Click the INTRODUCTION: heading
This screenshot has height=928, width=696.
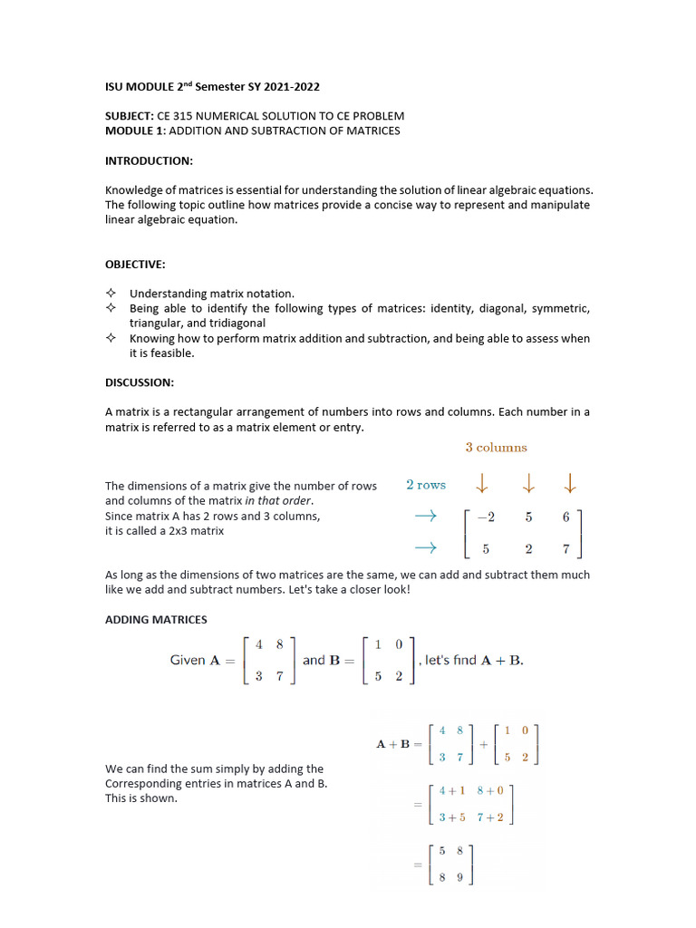pyautogui.click(x=149, y=160)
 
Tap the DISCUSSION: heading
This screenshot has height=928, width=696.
pyautogui.click(x=140, y=382)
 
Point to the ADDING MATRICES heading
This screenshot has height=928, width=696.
pyautogui.click(x=156, y=620)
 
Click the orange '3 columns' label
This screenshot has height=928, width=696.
pyautogui.click(x=496, y=447)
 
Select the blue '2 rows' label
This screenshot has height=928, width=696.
pyautogui.click(x=426, y=485)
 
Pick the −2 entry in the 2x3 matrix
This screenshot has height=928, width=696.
pyautogui.click(x=486, y=517)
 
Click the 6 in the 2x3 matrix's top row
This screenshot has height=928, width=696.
pyautogui.click(x=566, y=517)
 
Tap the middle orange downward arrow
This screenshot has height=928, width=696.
pyautogui.click(x=528, y=485)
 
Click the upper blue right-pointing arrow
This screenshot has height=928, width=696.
pyautogui.click(x=425, y=516)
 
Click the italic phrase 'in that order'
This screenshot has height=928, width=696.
pyautogui.click(x=279, y=500)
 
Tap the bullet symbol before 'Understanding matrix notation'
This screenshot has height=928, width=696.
pyautogui.click(x=111, y=294)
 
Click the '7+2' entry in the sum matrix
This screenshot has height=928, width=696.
pyautogui.click(x=493, y=817)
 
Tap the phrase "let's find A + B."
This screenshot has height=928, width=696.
pyautogui.click(x=474, y=661)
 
